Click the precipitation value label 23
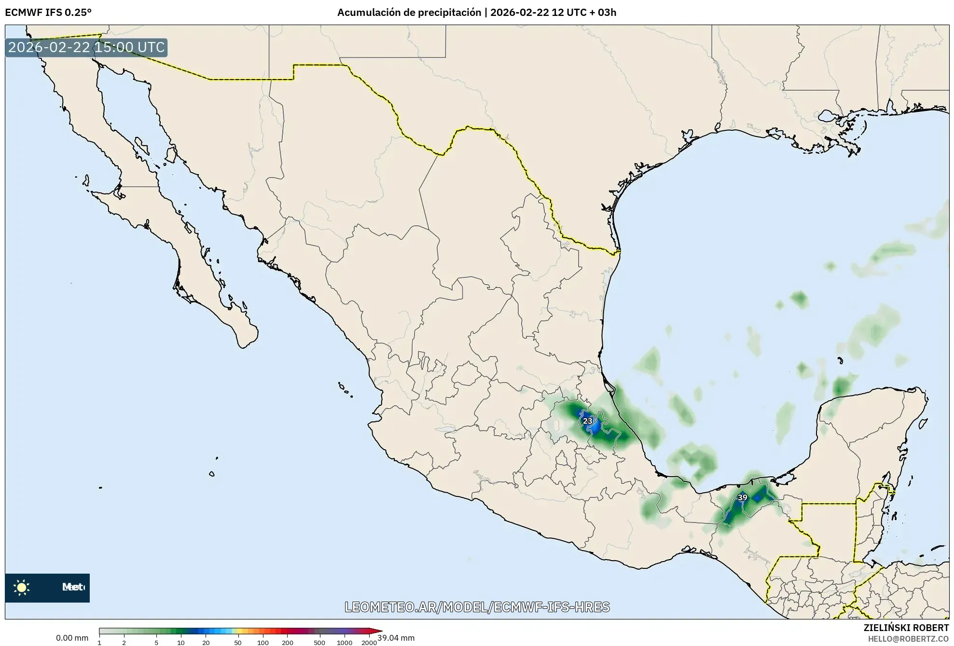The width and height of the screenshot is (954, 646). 587,421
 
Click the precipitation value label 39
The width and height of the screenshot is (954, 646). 742,497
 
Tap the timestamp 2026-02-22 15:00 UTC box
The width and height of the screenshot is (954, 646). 86,47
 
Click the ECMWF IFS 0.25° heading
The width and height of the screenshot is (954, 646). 48,13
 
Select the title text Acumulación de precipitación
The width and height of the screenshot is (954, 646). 409,13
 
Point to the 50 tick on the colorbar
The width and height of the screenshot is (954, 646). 237,642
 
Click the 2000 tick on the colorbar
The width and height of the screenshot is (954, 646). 369,642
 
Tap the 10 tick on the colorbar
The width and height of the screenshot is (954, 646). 180,642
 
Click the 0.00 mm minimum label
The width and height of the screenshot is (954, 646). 72,638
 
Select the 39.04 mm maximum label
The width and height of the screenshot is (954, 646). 396,638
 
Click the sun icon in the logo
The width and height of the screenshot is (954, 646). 22,587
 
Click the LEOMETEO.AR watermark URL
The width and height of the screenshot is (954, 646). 477,607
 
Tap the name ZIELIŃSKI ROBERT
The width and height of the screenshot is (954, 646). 906,628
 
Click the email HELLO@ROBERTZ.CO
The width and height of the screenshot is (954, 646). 908,639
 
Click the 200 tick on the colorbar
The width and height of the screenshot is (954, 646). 288,642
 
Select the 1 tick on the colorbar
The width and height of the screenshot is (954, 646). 99,642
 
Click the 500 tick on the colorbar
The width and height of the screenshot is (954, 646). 319,642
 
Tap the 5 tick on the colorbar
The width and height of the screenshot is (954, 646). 156,642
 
